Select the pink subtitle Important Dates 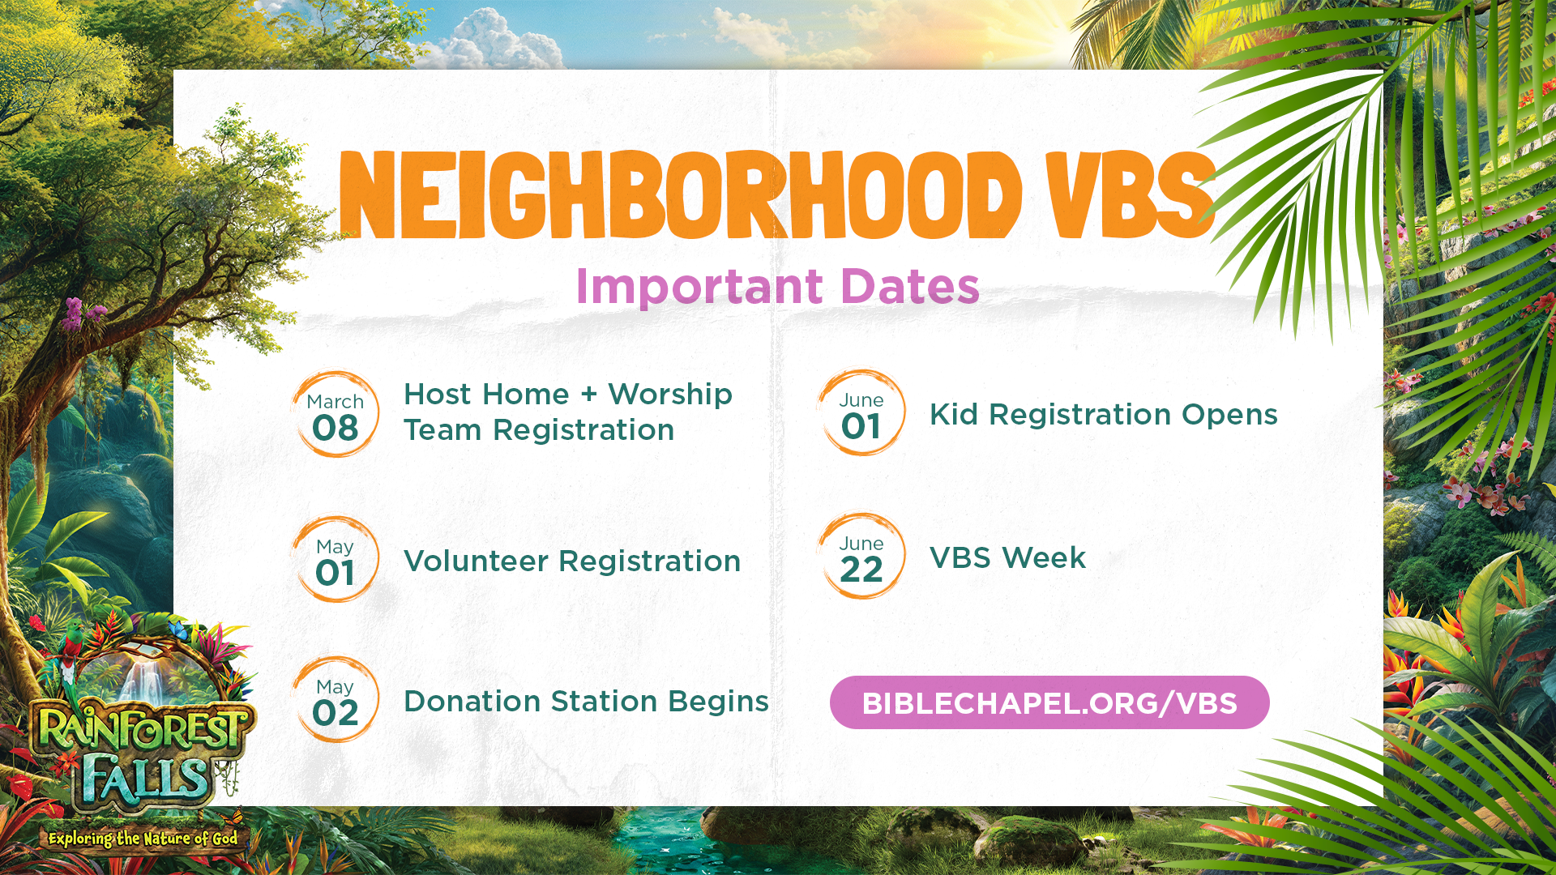(777, 286)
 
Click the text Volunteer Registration (572, 561)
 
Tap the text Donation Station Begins (586, 702)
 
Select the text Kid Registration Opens (1104, 415)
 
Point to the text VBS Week (1007, 558)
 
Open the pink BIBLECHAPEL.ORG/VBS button (1049, 702)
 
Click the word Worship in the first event (670, 395)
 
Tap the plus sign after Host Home (589, 394)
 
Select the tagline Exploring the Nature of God (143, 839)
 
